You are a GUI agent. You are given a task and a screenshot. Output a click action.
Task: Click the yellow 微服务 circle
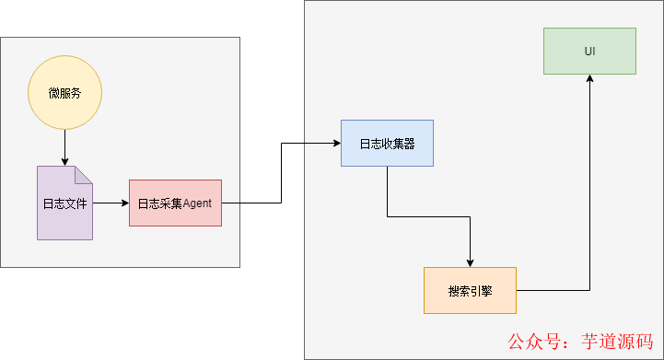(x=64, y=93)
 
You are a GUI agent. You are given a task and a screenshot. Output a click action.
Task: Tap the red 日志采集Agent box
(x=175, y=203)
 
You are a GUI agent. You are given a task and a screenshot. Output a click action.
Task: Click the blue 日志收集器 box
(x=387, y=143)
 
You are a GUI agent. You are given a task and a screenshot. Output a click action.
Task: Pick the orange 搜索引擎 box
(x=470, y=290)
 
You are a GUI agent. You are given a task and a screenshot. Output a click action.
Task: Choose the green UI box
(x=589, y=51)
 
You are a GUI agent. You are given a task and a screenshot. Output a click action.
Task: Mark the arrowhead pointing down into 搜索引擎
(x=470, y=261)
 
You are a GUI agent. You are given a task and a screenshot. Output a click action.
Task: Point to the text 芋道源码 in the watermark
(x=618, y=342)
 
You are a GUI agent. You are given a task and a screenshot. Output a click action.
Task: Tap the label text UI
(x=589, y=51)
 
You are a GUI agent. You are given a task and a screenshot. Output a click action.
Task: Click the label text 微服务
(x=64, y=93)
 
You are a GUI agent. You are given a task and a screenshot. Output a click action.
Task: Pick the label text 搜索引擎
(x=470, y=291)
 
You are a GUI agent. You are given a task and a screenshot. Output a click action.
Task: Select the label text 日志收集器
(x=387, y=143)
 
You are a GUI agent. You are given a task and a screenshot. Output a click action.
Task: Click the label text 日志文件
(x=64, y=203)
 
